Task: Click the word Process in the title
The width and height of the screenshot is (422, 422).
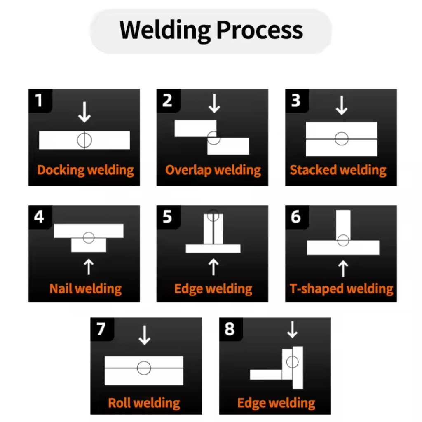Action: tap(260, 30)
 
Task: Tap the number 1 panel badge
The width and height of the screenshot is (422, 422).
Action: tap(39, 100)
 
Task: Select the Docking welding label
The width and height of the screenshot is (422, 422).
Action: tap(85, 170)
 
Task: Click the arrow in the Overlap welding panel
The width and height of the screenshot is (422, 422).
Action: tap(214, 103)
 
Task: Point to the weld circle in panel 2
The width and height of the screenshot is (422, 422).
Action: tap(213, 138)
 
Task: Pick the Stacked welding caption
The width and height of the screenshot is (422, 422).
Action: tap(338, 170)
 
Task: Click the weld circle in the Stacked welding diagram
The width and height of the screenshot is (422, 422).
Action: tap(341, 139)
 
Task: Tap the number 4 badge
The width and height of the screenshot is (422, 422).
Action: tap(39, 216)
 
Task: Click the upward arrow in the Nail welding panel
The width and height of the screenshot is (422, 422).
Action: tap(89, 267)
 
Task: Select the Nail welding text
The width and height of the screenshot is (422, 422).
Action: tap(85, 288)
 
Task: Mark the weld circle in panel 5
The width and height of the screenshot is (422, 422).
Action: tap(213, 215)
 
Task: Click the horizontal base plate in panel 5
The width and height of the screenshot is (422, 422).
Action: tap(213, 249)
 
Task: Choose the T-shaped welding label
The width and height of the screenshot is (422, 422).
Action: tap(341, 288)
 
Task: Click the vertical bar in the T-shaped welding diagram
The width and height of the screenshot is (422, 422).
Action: tap(343, 225)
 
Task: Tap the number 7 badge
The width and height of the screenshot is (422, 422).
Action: tap(101, 329)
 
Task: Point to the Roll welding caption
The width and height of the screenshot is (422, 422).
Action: tap(144, 403)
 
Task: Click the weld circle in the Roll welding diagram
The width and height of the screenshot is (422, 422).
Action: tap(144, 368)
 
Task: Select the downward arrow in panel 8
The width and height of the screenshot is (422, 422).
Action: tap(292, 330)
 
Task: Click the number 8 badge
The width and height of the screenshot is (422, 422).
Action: tap(230, 329)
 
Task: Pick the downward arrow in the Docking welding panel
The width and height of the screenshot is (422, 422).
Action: tap(84, 112)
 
